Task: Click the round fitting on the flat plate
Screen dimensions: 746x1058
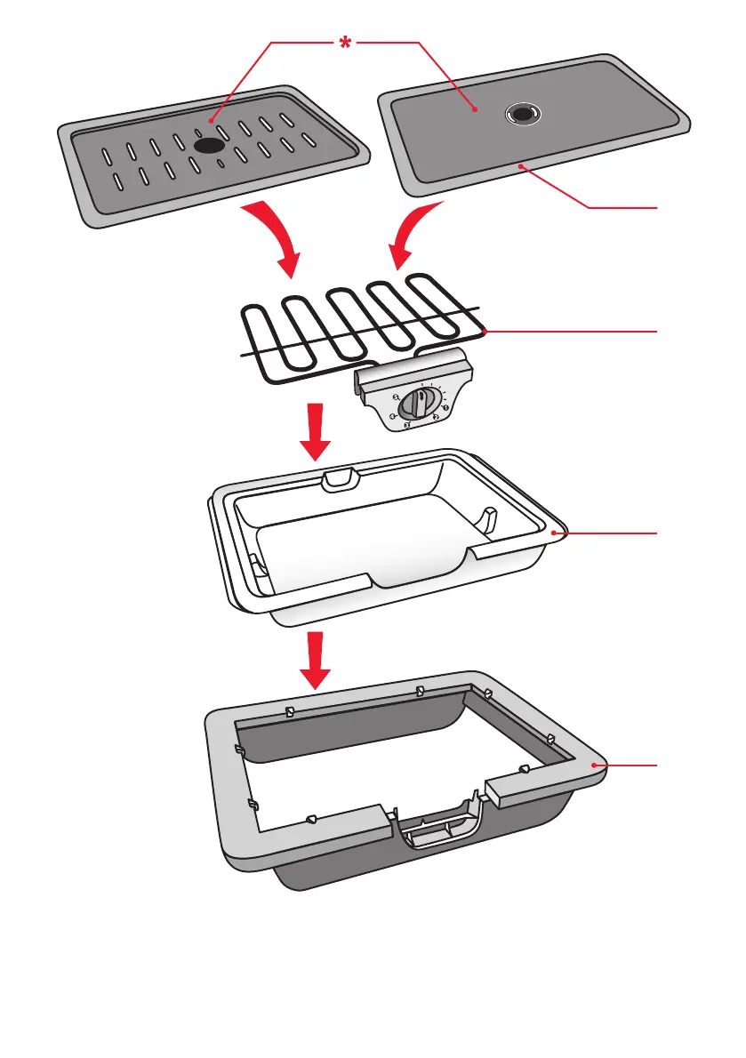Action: point(522,113)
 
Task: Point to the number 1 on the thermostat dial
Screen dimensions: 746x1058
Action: point(445,407)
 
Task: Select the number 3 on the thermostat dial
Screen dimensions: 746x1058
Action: point(408,426)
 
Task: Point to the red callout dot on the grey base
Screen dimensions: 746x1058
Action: point(595,764)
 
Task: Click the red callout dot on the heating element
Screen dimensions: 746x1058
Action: point(485,332)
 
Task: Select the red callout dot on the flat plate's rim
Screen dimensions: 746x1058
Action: point(523,165)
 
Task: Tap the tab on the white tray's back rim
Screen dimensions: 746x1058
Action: point(339,478)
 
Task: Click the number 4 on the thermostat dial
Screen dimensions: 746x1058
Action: point(393,415)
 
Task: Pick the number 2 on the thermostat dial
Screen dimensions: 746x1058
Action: point(437,417)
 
